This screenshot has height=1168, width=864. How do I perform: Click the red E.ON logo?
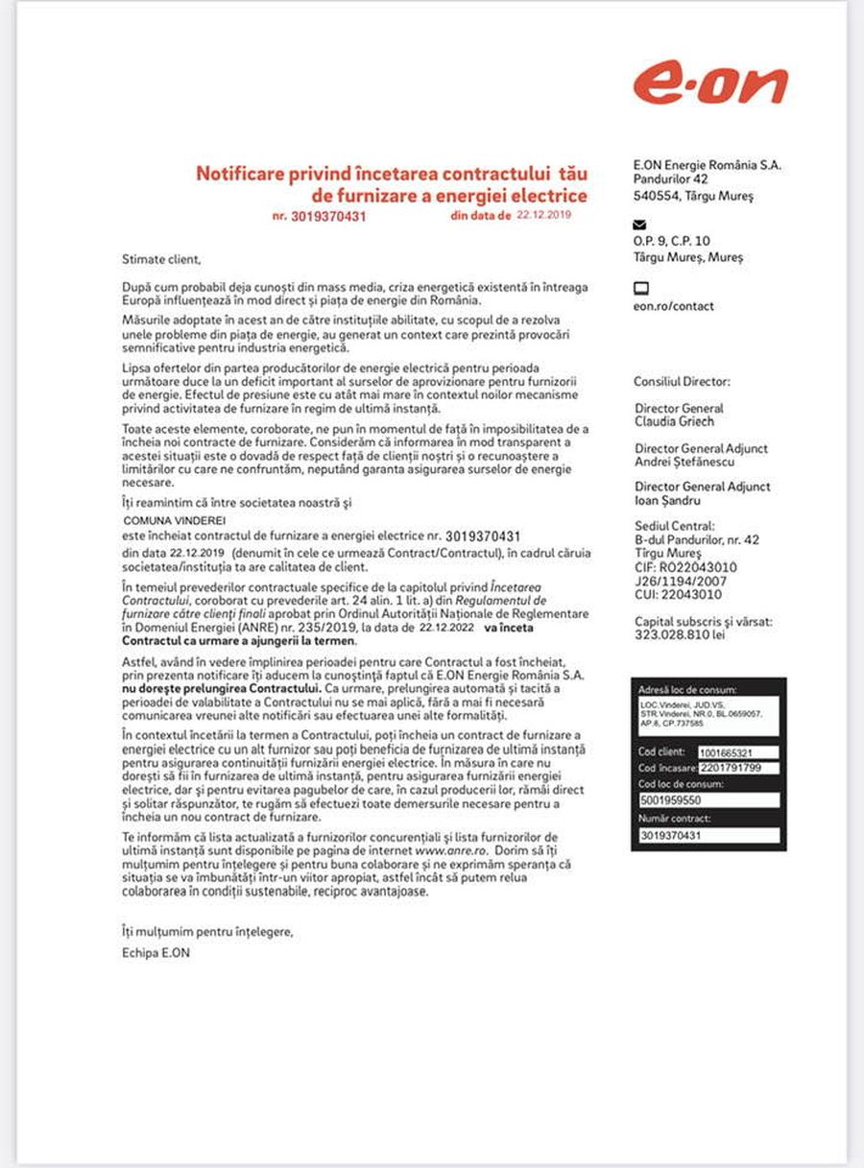click(x=709, y=83)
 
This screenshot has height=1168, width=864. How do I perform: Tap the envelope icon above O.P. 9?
click(x=640, y=225)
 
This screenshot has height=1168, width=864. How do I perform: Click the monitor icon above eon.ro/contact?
click(x=641, y=288)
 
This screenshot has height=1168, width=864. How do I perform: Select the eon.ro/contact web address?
click(x=673, y=306)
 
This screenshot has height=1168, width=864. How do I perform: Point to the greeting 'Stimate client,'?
click(x=161, y=258)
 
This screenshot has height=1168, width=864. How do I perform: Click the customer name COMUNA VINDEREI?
click(x=159, y=519)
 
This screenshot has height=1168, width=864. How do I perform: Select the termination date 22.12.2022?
click(x=448, y=628)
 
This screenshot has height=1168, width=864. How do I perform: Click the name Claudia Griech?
click(x=674, y=421)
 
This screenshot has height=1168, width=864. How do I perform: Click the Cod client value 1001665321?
click(x=726, y=753)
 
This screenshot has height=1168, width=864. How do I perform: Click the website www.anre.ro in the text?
click(x=452, y=850)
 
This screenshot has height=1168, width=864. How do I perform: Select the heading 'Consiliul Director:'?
click(x=682, y=381)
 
